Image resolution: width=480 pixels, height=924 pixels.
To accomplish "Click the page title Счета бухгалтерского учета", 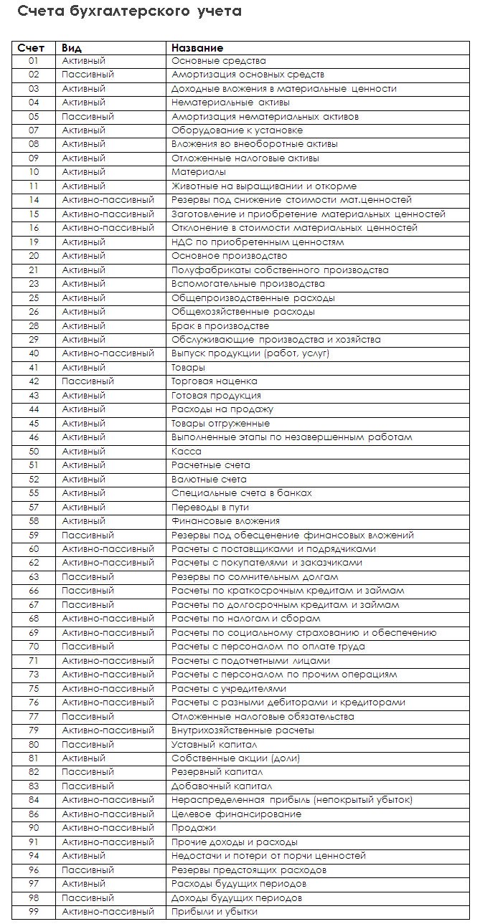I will pos(129,11).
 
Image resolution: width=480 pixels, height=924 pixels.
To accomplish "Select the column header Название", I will pos(197,47).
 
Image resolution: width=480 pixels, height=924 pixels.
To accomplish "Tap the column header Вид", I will pos(72,47).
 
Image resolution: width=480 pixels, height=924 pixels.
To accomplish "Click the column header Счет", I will pos(32,47).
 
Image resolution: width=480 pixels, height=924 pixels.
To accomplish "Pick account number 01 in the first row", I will pos(34,61).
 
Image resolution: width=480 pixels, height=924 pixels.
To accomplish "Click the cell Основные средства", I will pos(218,61).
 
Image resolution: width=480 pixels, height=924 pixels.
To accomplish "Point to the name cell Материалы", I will pos(199,172).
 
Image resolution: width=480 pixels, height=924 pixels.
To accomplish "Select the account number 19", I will pos(34,242).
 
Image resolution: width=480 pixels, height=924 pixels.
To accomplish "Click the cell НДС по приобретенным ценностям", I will pos(257,242).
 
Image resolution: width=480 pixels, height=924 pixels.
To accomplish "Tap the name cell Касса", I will pos(187,452).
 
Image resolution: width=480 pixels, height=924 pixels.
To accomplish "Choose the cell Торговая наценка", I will pos(214,381).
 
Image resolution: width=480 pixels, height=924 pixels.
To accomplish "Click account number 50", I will pos(34,452).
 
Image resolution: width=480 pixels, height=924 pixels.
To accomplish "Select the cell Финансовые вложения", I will pos(225,521).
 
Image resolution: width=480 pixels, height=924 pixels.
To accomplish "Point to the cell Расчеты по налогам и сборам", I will pos(245,619).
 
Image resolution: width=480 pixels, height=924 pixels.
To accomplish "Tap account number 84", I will pos(34,800).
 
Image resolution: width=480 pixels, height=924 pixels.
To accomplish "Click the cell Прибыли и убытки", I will pos(214,911).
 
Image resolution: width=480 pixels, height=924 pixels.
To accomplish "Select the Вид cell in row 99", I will pos(108,911).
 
